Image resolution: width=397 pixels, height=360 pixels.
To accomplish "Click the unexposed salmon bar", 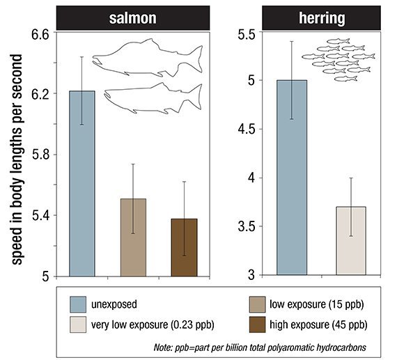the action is tap(82, 184).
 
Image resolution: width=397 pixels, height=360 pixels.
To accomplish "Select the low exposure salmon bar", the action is tap(133, 237).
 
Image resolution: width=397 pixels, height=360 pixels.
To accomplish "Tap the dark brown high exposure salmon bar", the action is tap(184, 247).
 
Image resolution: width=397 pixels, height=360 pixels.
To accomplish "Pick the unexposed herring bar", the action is tap(292, 178).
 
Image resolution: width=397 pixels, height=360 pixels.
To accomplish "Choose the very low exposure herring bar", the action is tap(351, 241).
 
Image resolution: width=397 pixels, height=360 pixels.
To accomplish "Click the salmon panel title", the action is tap(133, 18).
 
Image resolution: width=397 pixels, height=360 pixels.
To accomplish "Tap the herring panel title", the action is tap(322, 17).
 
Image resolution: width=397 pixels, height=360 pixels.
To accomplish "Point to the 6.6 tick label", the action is tap(40, 34).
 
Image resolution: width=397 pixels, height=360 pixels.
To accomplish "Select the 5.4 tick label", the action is tap(40, 215).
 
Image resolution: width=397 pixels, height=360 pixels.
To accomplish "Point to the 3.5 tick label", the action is tap(247, 226).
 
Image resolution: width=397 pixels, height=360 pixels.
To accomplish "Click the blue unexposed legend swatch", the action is tap(78, 304).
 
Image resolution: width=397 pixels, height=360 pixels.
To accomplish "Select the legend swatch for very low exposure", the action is tap(78, 324).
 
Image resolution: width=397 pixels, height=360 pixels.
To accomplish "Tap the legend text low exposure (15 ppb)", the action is tap(316, 304).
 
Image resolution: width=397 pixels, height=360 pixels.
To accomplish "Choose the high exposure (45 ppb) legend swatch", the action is tap(257, 324).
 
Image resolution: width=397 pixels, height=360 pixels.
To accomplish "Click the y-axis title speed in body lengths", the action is tap(17, 159).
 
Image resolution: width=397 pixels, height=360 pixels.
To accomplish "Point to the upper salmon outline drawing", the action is tap(148, 58).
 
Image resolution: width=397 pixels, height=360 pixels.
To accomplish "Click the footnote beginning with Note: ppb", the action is tap(260, 347).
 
